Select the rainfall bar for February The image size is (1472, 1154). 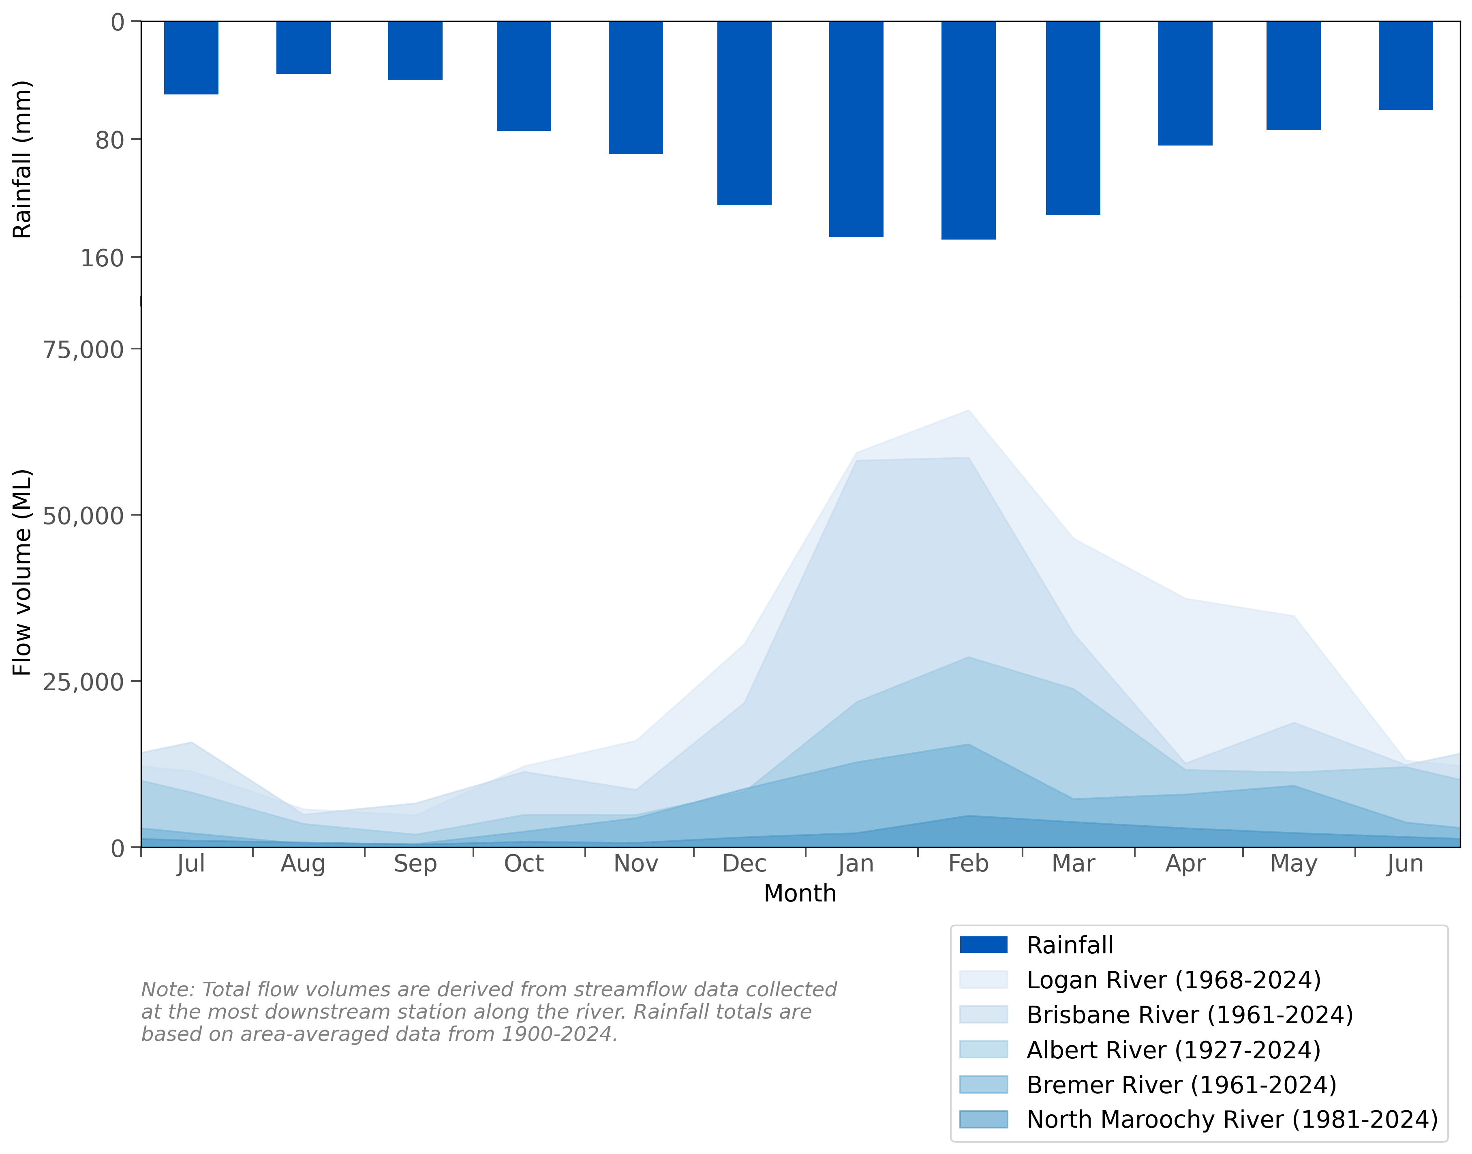[968, 130]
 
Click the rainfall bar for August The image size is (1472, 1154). [303, 47]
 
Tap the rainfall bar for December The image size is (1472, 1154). [744, 112]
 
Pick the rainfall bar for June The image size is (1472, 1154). [1405, 65]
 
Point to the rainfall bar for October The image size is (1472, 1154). [524, 76]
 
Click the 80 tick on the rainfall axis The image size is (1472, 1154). [109, 140]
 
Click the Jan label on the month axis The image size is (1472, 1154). [856, 863]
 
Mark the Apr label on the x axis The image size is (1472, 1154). [1185, 863]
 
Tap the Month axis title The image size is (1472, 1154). [800, 894]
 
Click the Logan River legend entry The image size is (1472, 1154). [1173, 980]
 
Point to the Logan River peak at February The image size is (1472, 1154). [968, 411]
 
